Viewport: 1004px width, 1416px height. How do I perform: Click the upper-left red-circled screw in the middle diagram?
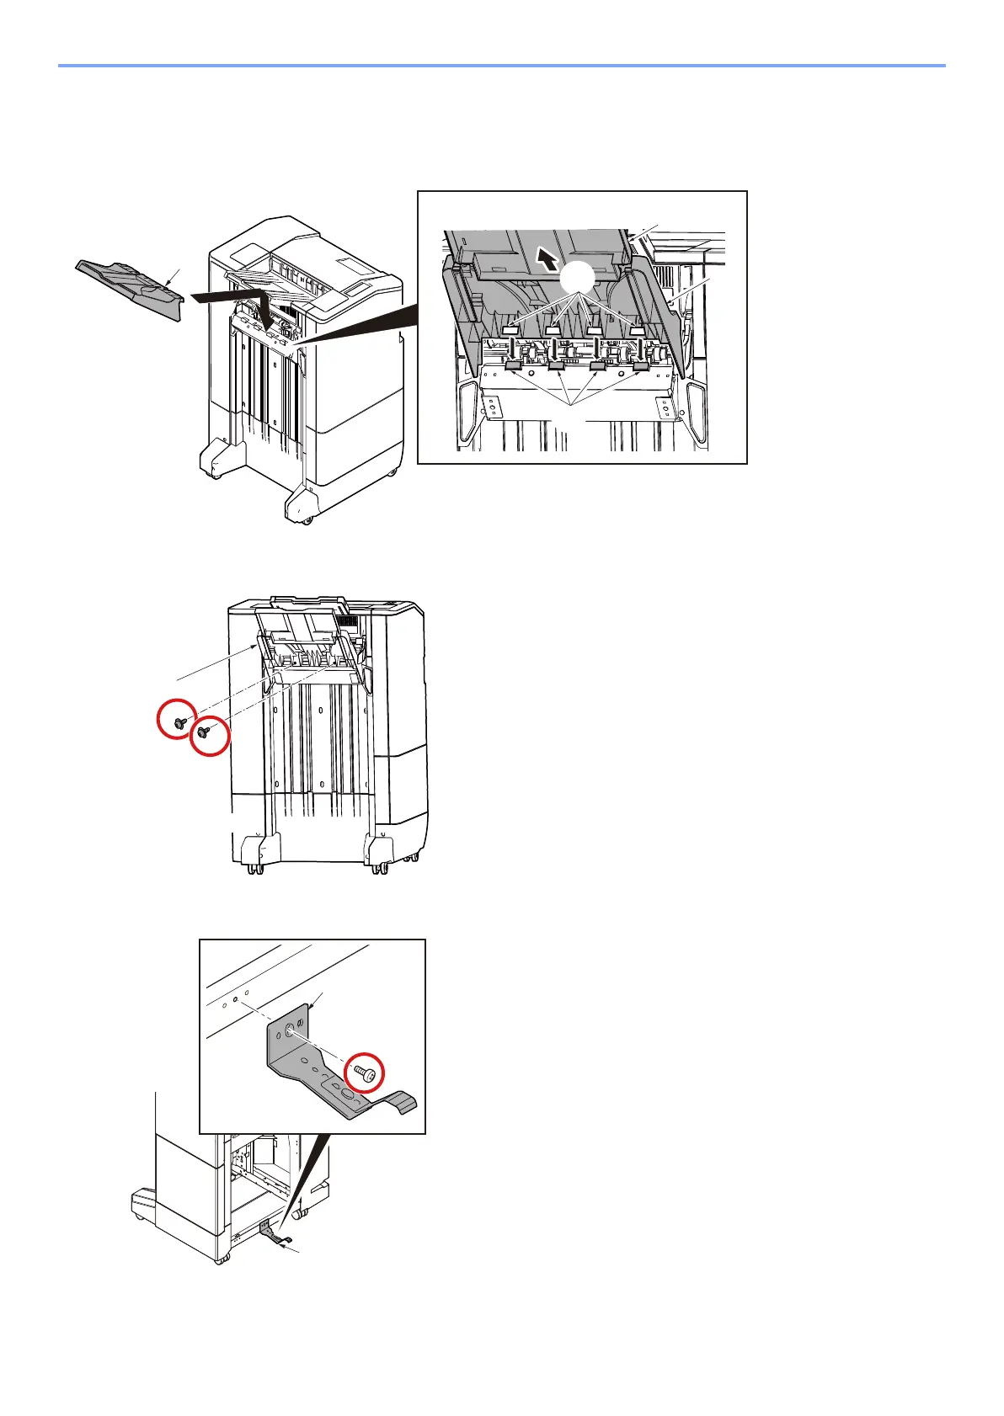(x=179, y=721)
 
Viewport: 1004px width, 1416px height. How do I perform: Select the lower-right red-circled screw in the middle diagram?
(x=203, y=732)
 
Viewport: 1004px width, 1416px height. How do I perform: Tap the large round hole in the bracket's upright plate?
(x=289, y=1029)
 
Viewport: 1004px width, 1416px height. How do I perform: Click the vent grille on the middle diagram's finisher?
(x=346, y=620)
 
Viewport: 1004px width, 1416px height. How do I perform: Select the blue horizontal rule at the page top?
(x=501, y=65)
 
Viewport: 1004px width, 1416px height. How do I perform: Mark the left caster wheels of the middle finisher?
(x=253, y=867)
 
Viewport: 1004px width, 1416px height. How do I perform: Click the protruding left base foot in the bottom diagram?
(x=143, y=1201)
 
